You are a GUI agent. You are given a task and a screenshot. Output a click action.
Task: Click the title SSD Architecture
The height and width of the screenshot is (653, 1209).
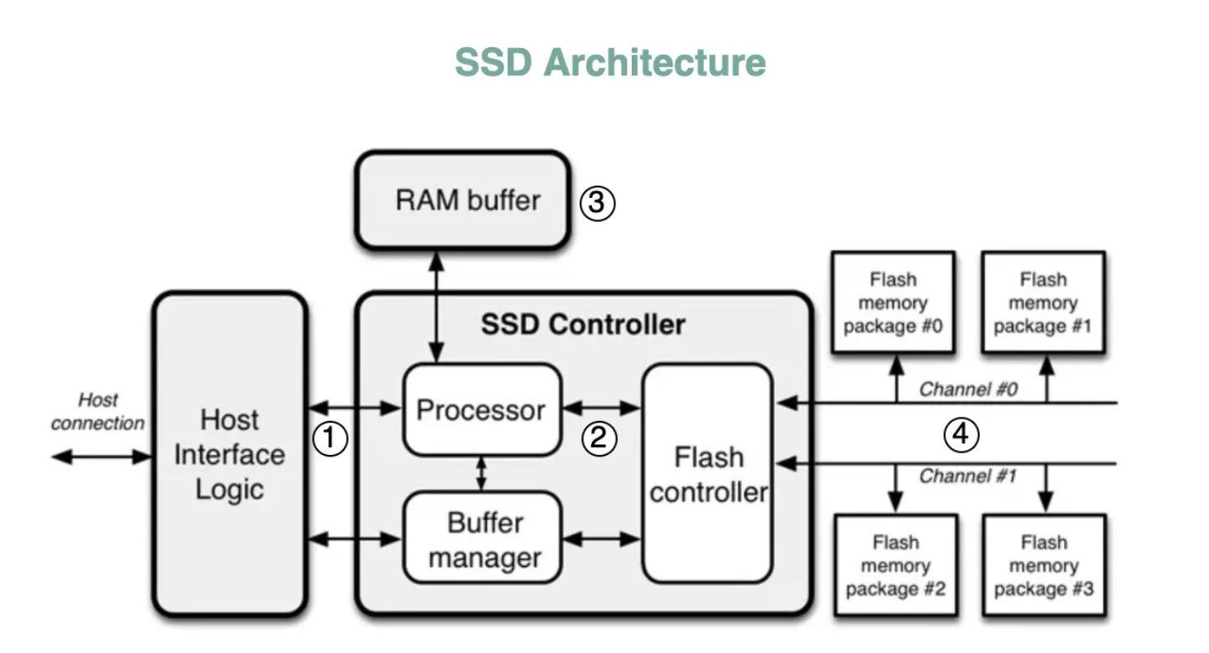coord(610,62)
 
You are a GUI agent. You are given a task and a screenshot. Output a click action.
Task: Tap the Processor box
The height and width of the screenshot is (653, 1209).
coord(481,410)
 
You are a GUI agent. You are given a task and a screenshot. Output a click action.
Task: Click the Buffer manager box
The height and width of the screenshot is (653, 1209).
coord(484,539)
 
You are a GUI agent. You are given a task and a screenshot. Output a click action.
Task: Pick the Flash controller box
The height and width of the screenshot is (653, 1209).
coord(708,474)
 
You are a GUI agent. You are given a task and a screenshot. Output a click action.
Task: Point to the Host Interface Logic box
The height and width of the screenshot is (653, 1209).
coord(229,454)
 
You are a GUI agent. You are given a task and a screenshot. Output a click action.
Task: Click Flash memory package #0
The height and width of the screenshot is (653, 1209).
coord(893,302)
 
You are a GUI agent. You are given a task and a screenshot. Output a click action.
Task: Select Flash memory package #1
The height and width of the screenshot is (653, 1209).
coord(1043,302)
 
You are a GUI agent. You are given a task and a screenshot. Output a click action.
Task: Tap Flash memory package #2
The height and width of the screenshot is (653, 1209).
coord(895,565)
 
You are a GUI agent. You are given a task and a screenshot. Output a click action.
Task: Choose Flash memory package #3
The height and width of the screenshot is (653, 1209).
coord(1043,565)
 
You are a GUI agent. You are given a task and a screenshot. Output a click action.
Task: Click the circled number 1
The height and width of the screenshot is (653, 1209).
coord(330,438)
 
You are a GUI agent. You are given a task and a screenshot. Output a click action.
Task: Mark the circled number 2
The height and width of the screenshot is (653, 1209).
coord(599,438)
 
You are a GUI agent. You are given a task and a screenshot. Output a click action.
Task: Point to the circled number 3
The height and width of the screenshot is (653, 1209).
coord(596,203)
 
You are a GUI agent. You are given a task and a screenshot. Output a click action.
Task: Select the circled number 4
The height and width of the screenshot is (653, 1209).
coord(961,434)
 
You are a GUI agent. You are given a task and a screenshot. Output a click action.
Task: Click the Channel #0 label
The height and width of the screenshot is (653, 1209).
coord(967,389)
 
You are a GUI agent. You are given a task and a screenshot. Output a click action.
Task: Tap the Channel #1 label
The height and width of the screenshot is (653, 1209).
coord(967,476)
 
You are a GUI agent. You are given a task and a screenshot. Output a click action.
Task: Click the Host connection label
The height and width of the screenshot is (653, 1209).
coord(98,412)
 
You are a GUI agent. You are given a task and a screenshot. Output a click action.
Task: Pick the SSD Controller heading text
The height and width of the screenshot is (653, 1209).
coord(583,324)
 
